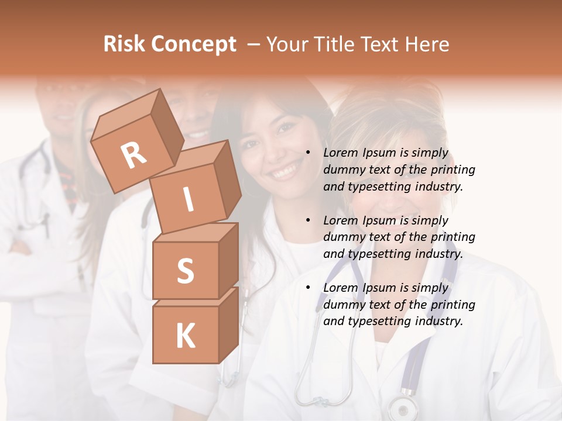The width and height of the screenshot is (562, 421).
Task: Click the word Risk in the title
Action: click(125, 44)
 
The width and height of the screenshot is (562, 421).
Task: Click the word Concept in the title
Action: click(194, 45)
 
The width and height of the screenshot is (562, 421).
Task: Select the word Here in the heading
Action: click(429, 44)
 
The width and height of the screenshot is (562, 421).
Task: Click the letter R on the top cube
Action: click(133, 156)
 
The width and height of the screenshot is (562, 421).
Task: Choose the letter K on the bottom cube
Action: click(185, 336)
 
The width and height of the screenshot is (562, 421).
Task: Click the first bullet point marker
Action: click(308, 153)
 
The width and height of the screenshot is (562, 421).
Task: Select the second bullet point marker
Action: click(308, 220)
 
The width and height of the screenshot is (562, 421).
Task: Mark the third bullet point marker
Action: click(308, 288)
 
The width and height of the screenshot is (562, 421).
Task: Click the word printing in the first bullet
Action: click(453, 170)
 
